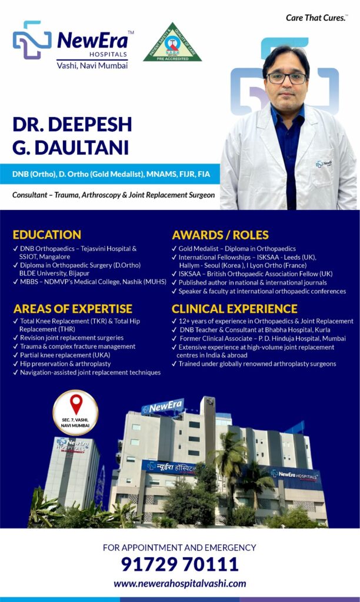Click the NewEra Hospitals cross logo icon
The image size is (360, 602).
[32, 41]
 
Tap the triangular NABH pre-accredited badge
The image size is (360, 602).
[172, 42]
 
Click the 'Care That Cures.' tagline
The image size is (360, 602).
[316, 18]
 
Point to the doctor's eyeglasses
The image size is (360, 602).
[287, 78]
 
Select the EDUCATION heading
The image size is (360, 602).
[47, 235]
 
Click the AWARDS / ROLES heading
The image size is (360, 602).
[220, 235]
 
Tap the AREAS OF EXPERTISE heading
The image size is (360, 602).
[72, 309]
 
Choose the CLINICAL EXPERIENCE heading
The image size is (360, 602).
[234, 309]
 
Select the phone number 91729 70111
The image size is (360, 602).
[180, 564]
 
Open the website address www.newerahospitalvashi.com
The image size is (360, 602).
[180, 584]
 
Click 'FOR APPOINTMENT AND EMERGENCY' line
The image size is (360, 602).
[179, 547]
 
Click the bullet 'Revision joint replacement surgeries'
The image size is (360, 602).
[68, 338]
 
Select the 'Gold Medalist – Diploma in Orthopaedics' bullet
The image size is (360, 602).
[234, 249]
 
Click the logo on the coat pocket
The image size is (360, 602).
[324, 164]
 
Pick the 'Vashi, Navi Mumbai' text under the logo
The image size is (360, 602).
[92, 66]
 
